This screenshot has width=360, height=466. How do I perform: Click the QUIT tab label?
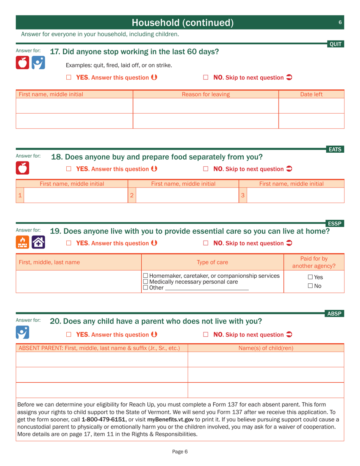[x=335, y=44]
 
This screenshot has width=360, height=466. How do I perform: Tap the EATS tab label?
[x=335, y=150]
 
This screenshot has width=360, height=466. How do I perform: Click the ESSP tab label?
[x=335, y=224]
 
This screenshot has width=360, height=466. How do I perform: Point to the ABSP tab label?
[x=335, y=313]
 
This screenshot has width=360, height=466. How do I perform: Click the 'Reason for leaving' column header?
[x=206, y=94]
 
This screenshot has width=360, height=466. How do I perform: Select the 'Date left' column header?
[x=311, y=94]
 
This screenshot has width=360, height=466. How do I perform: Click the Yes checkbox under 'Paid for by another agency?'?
[x=310, y=278]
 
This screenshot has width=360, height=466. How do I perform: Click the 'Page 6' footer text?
[x=180, y=451]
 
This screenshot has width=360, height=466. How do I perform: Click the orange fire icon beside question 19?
[x=22, y=242]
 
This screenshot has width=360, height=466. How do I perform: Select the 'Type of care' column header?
[x=212, y=262]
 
